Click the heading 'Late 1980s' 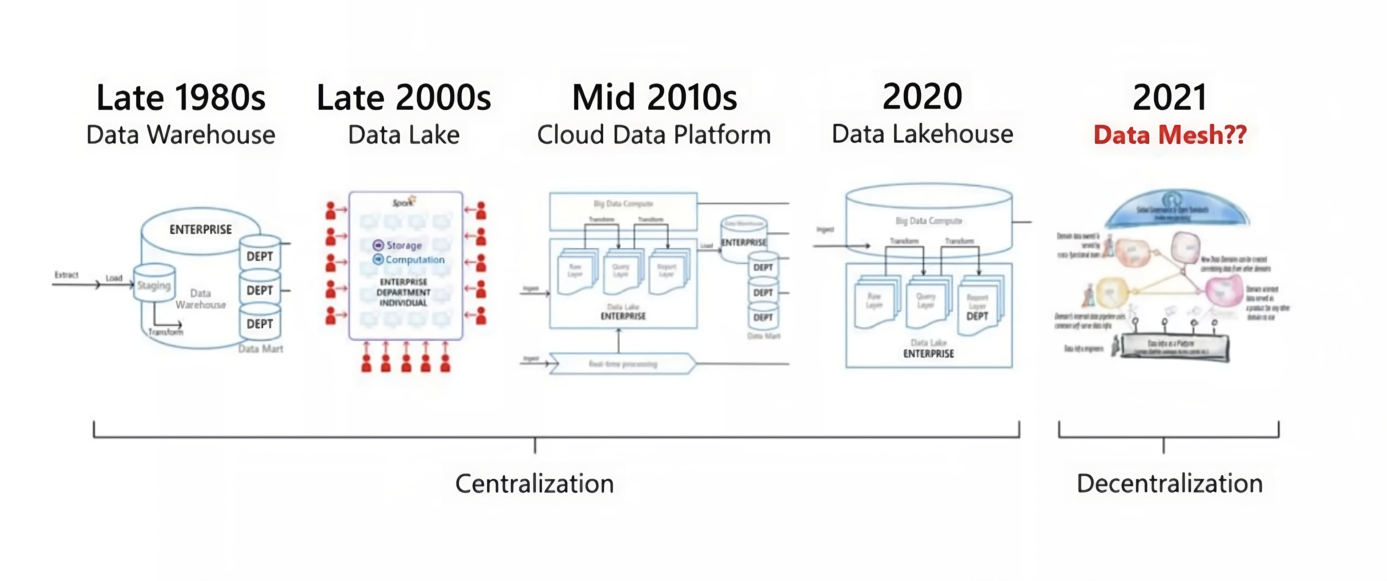click(181, 98)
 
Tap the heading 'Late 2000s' click(404, 98)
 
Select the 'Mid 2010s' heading click(654, 98)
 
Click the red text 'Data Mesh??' click(1170, 134)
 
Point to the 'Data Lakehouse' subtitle click(922, 134)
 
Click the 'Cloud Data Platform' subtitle click(654, 134)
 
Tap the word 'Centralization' click(535, 483)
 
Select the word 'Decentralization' click(1170, 483)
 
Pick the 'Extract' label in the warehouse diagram click(66, 275)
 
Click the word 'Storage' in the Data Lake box click(404, 245)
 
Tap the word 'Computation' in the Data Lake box click(415, 260)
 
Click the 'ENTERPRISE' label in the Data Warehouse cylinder click(200, 230)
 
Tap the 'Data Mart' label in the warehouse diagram click(261, 349)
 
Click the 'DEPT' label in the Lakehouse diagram click(977, 316)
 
